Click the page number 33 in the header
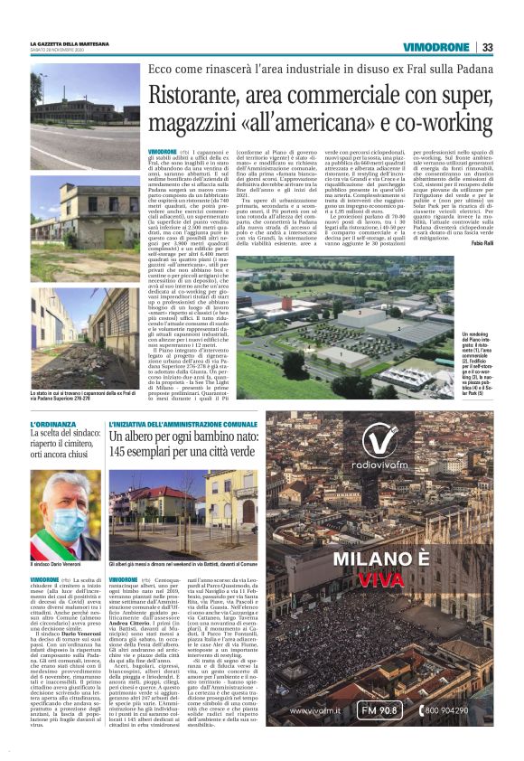coord(487,47)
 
